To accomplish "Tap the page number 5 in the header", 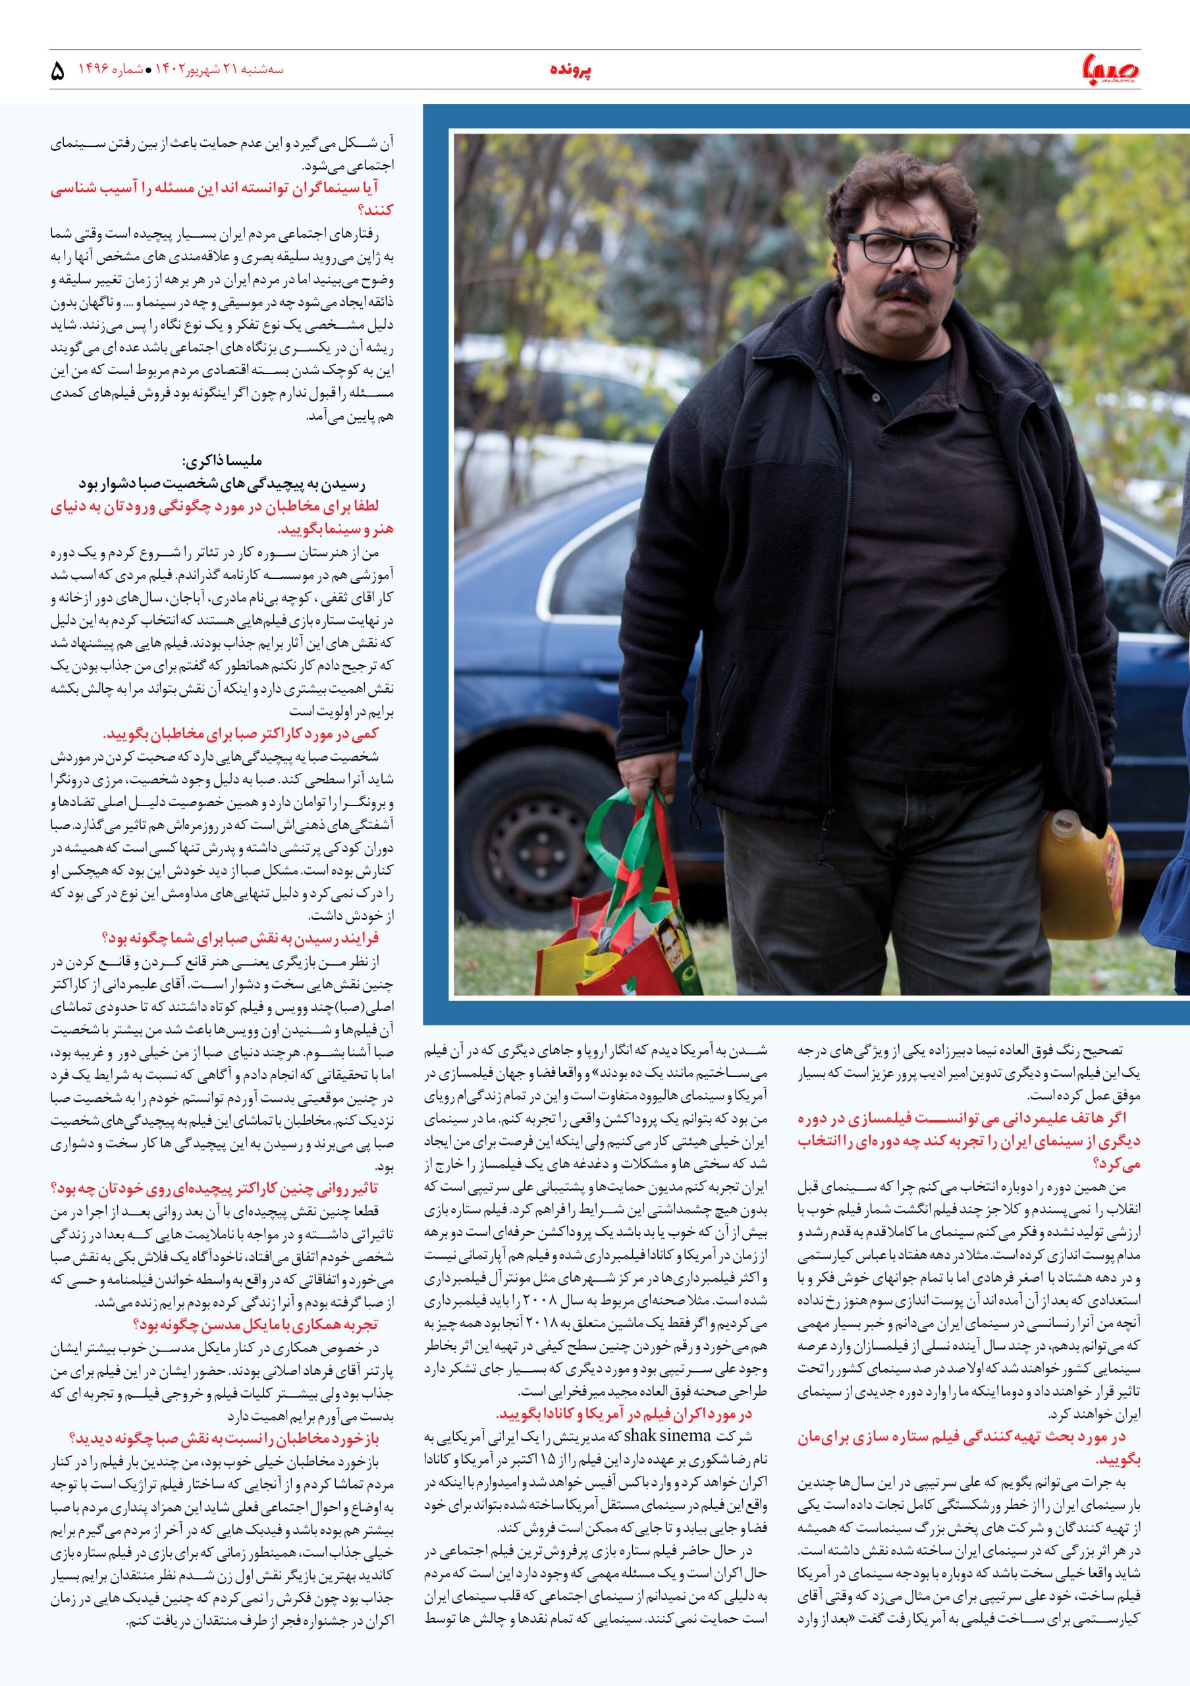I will click(x=58, y=71).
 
